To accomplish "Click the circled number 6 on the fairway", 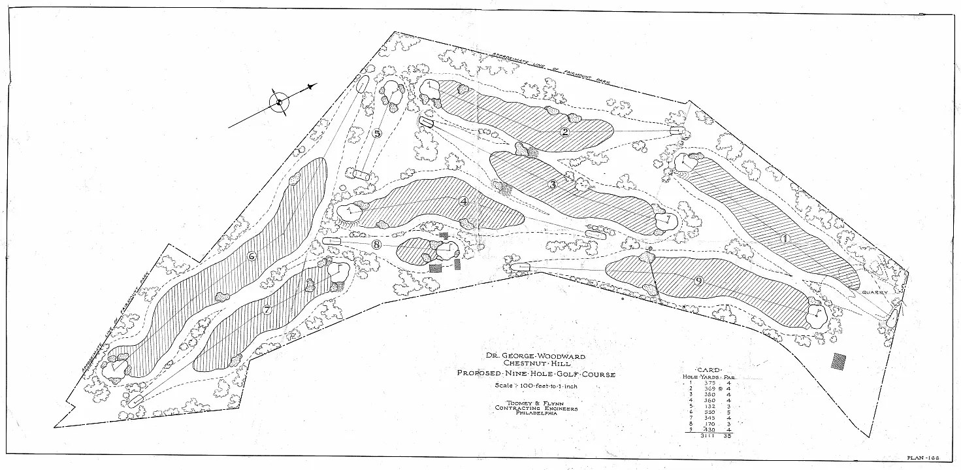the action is point(252,256).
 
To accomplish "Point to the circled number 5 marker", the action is point(377,133).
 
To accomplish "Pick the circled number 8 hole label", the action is point(376,244).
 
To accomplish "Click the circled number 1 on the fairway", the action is point(785,239).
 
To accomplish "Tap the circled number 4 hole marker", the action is point(464,201).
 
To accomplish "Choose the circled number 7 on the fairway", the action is point(267,311).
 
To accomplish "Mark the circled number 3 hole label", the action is point(553,184).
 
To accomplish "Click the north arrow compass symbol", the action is point(280,103).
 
